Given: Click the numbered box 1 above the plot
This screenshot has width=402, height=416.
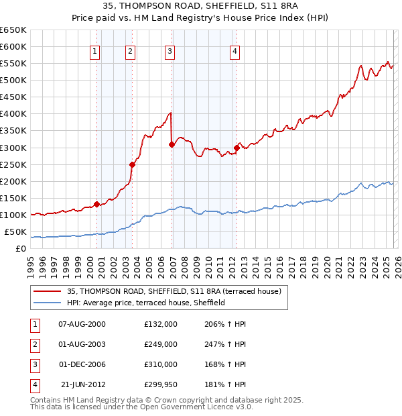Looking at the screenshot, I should pyautogui.click(x=94, y=50).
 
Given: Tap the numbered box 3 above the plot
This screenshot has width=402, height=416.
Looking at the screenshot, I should pyautogui.click(x=170, y=50).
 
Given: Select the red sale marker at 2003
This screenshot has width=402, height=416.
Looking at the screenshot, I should pyautogui.click(x=132, y=164).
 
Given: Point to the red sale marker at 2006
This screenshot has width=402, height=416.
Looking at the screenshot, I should pyautogui.click(x=172, y=144).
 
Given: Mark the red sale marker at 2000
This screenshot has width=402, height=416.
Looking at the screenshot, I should pyautogui.click(x=96, y=204).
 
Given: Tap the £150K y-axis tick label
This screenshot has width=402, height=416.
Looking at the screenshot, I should pyautogui.click(x=13, y=199).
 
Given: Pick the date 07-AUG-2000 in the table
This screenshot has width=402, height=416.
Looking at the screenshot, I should pyautogui.click(x=82, y=324).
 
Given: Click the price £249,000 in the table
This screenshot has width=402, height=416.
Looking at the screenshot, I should pyautogui.click(x=160, y=344).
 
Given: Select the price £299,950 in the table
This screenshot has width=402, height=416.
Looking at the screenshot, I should pyautogui.click(x=160, y=384).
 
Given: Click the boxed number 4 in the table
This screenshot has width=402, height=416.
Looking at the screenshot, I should pyautogui.click(x=34, y=384).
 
